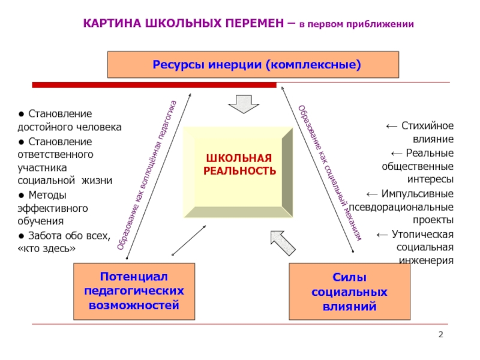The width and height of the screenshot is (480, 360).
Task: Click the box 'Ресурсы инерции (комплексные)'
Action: click(253, 65)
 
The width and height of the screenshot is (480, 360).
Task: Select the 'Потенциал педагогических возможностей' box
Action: click(134, 292)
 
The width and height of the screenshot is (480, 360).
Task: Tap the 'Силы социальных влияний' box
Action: click(350, 292)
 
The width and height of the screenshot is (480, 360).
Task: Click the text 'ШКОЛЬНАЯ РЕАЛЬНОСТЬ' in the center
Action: click(239, 164)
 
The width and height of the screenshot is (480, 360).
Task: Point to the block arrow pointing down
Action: click(244, 104)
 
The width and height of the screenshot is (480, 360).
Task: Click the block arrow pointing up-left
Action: click(283, 243)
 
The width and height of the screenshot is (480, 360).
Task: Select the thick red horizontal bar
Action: click(154, 85)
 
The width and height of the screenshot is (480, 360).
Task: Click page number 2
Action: click(441, 334)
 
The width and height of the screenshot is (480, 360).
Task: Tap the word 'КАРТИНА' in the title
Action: click(112, 23)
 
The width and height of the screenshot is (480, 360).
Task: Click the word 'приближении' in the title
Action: click(380, 24)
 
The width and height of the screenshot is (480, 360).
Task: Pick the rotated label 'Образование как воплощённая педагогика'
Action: click(147, 175)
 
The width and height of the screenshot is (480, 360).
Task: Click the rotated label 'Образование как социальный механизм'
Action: click(330, 173)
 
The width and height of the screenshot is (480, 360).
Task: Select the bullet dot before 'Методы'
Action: click(21, 196)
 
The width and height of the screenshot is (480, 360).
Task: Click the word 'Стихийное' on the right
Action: click(427, 125)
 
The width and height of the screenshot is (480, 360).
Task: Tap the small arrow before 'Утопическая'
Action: click(382, 235)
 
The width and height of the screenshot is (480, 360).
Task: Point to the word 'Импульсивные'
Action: click(417, 194)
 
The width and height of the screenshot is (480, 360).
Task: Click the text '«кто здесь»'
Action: click(47, 248)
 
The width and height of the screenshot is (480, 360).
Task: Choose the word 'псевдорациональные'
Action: click(401, 207)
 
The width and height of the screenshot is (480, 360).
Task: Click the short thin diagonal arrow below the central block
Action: click(189, 241)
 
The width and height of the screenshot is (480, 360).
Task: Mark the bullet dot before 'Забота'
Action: click(21, 236)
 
